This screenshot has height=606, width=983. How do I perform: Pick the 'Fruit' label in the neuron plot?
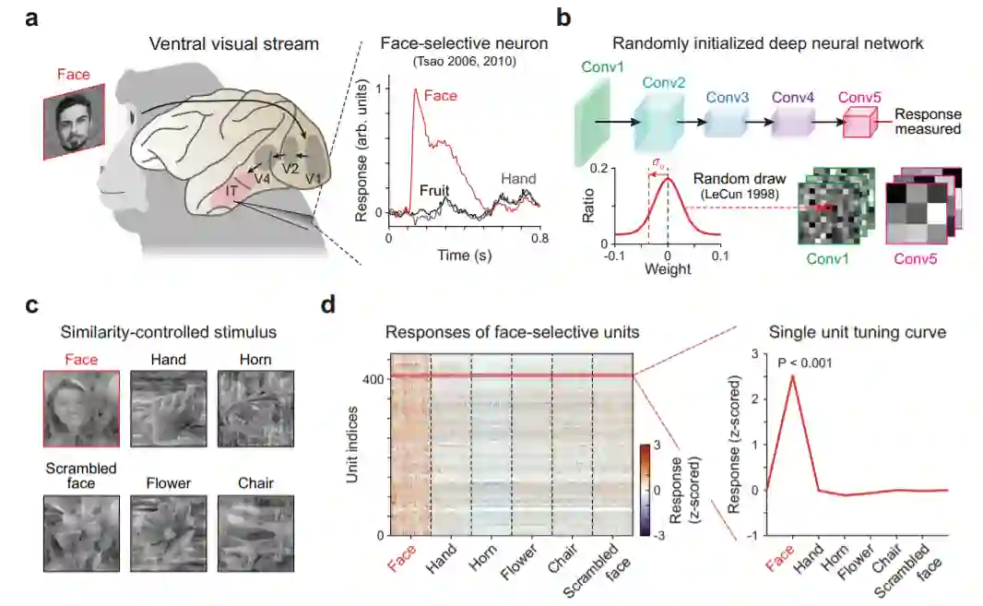tap(434, 191)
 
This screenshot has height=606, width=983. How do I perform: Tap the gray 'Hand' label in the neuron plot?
tap(517, 180)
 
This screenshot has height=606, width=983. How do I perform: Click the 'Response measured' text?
tap(930, 122)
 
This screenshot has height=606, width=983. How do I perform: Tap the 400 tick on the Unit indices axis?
tap(373, 379)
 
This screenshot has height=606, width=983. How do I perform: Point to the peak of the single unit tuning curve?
tap(792, 375)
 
